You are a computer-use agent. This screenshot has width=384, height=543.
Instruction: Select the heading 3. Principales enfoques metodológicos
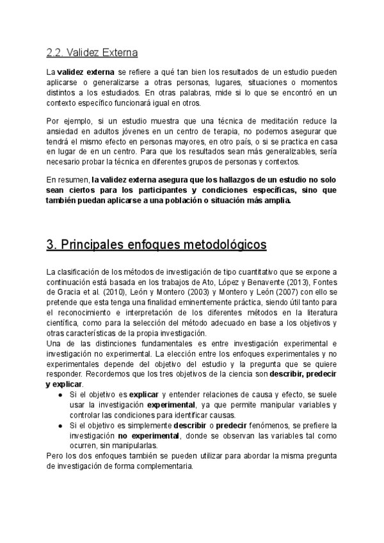coord(156,245)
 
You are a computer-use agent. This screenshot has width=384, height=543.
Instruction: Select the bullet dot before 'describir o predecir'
coord(60,426)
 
